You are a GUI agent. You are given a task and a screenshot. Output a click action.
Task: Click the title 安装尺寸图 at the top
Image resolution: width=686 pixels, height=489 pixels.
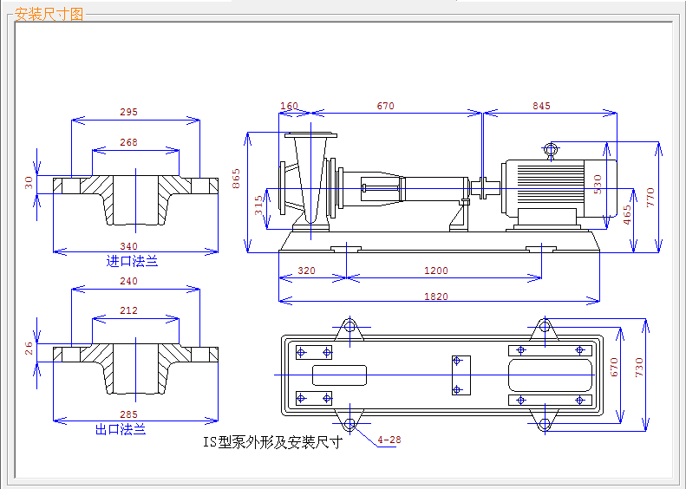click(50, 14)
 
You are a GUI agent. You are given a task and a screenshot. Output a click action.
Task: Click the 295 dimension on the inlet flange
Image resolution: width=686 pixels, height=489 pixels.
click(128, 112)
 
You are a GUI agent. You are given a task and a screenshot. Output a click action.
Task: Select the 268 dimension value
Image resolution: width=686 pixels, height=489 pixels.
click(128, 142)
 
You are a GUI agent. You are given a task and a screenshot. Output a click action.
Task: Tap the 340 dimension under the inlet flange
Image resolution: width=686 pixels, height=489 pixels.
click(128, 246)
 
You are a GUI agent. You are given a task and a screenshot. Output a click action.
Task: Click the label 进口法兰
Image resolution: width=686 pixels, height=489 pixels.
click(132, 260)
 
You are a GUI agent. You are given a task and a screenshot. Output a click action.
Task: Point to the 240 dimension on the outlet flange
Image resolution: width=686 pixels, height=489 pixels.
click(128, 281)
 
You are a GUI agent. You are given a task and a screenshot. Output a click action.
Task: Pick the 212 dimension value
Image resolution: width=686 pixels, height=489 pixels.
click(128, 310)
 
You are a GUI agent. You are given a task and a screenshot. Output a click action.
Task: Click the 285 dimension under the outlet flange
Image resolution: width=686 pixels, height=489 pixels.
click(128, 414)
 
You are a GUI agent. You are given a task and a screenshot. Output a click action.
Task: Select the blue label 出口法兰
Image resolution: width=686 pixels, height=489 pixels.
click(120, 428)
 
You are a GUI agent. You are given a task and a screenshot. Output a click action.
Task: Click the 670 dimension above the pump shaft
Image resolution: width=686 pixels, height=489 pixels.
click(385, 106)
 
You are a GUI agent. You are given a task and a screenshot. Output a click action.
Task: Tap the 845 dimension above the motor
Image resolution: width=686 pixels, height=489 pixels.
click(541, 106)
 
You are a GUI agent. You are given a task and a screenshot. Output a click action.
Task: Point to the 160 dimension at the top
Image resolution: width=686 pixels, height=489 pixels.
click(289, 106)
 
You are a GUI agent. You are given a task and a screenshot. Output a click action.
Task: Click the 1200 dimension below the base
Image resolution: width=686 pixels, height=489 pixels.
click(436, 271)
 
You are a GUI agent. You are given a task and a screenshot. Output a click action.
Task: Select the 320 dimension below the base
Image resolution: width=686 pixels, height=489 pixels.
click(306, 271)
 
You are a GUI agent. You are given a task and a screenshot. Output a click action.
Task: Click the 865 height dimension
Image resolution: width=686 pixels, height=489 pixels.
click(236, 179)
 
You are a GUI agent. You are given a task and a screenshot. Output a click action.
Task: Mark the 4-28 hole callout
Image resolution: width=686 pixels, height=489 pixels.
click(389, 440)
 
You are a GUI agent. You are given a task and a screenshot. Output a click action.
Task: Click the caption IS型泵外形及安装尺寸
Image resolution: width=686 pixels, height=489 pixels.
click(272, 442)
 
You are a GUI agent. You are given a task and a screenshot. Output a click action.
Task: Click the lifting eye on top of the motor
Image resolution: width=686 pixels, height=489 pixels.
click(551, 148)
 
